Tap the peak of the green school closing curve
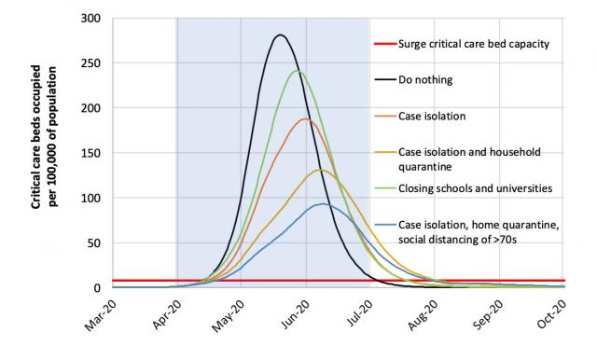298,71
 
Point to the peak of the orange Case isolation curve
305,118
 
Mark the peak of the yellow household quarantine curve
320,170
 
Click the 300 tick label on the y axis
90,19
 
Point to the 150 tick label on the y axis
90,153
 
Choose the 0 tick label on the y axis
96,287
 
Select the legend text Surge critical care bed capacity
473,44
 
